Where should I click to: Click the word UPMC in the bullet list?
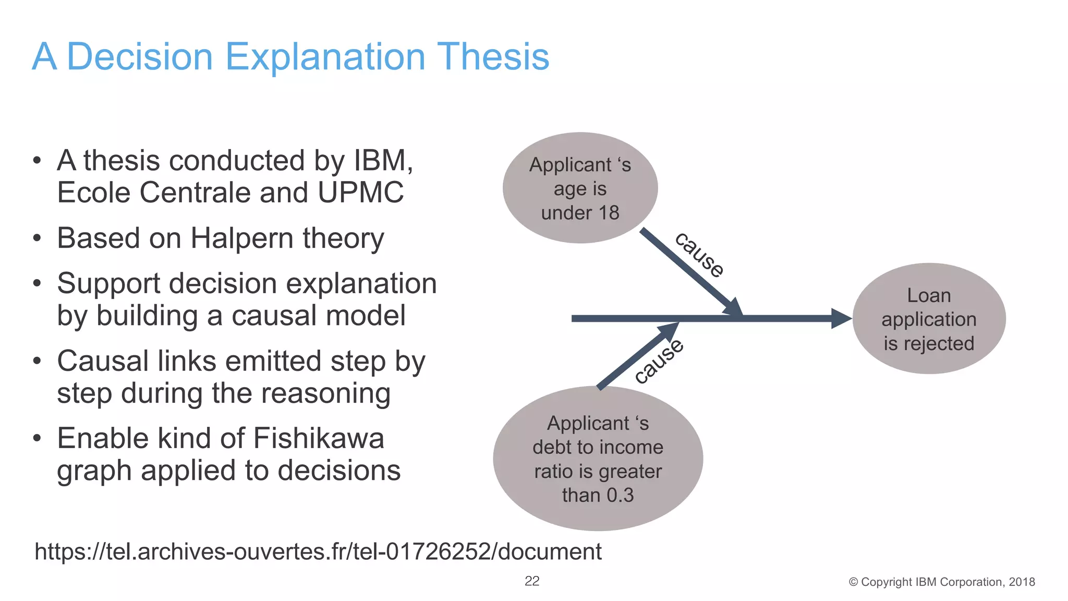click(361, 193)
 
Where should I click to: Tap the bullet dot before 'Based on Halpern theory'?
click(37, 239)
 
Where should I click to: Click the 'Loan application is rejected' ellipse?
click(929, 319)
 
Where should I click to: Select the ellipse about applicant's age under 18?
click(580, 188)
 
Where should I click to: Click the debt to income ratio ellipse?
click(598, 459)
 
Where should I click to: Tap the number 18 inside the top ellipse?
click(609, 213)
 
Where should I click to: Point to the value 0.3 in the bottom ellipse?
click(620, 495)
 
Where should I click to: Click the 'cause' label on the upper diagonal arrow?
click(699, 255)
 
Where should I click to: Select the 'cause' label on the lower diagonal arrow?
click(659, 361)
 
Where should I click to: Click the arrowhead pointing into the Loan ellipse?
click(841, 319)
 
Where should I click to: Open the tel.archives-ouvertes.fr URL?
click(318, 551)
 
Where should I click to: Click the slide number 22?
click(532, 581)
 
